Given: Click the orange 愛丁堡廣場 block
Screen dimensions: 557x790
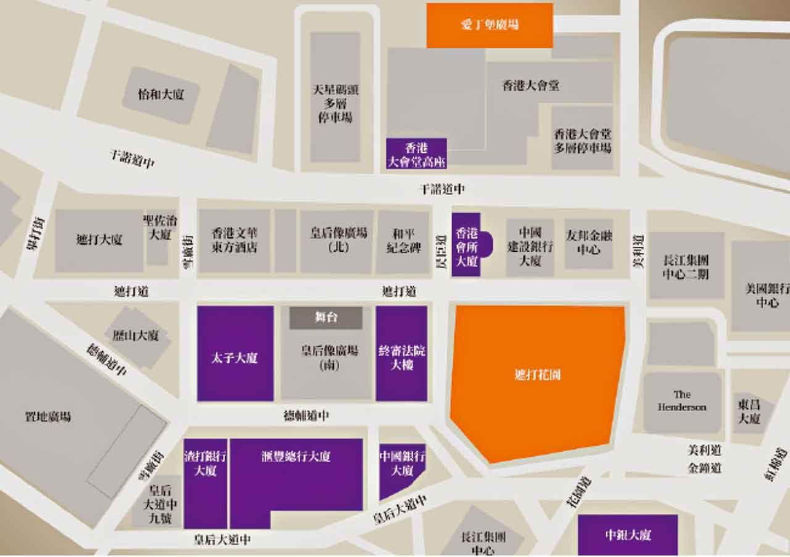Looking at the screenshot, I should pyautogui.click(x=489, y=25).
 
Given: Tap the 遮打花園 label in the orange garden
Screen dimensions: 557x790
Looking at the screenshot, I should pyautogui.click(x=537, y=375).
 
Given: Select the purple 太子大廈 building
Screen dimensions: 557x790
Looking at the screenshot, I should pyautogui.click(x=235, y=358).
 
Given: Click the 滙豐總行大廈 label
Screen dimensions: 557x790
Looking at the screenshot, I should pyautogui.click(x=296, y=457).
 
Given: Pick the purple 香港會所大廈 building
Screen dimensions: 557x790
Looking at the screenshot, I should pyautogui.click(x=466, y=246).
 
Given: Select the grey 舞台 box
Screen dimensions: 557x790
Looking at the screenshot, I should pyautogui.click(x=326, y=317).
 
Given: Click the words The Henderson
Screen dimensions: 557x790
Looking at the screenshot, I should pyautogui.click(x=682, y=401).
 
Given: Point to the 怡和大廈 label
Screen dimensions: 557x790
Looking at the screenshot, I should pyautogui.click(x=161, y=94).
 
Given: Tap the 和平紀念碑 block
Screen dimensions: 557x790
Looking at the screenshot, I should pyautogui.click(x=402, y=241).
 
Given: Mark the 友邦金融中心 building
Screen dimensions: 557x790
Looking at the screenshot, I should pyautogui.click(x=588, y=241).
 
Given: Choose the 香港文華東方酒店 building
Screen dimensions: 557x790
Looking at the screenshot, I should pyautogui.click(x=235, y=241).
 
